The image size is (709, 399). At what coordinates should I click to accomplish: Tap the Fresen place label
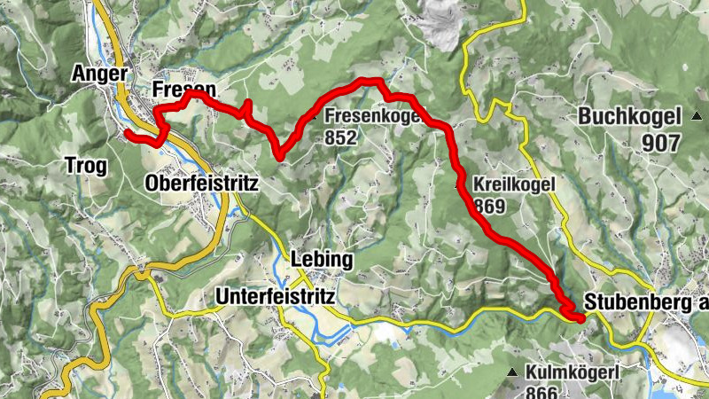click(183, 90)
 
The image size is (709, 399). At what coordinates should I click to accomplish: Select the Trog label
click(86, 165)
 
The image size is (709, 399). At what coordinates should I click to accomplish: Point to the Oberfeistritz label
click(200, 184)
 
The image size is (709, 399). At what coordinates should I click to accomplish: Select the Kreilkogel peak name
click(514, 184)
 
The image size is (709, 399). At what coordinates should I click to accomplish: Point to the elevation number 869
click(489, 207)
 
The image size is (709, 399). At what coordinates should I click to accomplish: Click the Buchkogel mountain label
click(629, 116)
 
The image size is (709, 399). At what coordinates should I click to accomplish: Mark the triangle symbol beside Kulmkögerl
click(513, 372)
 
